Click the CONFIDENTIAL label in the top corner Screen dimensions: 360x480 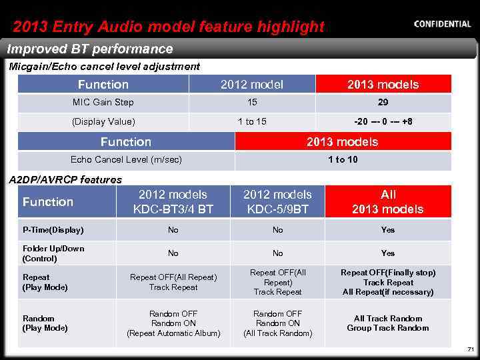pos(442,24)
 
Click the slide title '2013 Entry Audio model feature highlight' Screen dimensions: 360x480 pos(169,27)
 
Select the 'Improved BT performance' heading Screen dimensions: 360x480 pos(90,49)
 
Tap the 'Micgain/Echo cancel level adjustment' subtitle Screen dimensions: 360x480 pos(104,66)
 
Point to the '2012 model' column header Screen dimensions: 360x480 pos(252,84)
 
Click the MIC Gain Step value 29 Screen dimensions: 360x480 pos(383,103)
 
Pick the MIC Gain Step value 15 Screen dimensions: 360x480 pos(252,103)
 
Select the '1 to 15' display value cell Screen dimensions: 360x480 pos(252,121)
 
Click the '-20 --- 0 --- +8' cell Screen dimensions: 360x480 pos(383,121)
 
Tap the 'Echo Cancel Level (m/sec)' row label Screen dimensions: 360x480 pos(126,160)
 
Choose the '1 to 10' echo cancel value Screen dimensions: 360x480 pos(343,160)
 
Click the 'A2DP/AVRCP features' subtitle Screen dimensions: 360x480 pos(65,179)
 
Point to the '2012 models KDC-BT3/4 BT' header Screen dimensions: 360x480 pos(173,202)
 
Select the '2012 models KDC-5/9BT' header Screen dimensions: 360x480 pos(277,202)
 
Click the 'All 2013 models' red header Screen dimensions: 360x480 pos(388,202)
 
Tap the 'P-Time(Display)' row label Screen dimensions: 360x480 pos(53,230)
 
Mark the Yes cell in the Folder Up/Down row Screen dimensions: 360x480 pos(388,253)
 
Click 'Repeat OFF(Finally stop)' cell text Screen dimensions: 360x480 pos(388,273)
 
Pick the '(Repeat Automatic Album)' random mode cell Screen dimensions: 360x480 pos(173,333)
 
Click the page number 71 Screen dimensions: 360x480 pos(470,349)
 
